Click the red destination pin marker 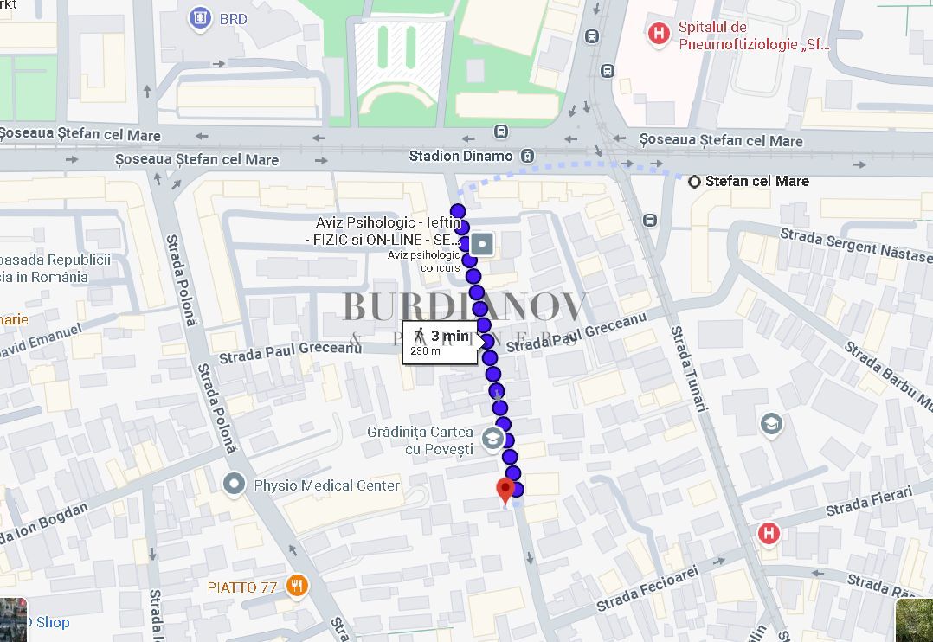point(505,490)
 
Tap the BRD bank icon point(201,17)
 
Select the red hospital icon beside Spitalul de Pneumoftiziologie point(660,34)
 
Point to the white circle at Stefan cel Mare point(694,182)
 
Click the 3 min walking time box point(440,342)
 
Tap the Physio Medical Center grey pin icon point(234,485)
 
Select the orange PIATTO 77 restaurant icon point(298,586)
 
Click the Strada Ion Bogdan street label point(43,524)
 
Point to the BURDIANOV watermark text point(466,307)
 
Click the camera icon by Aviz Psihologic point(481,244)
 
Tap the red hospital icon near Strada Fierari point(767,534)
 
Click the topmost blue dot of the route point(458,211)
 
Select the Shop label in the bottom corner point(52,622)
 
